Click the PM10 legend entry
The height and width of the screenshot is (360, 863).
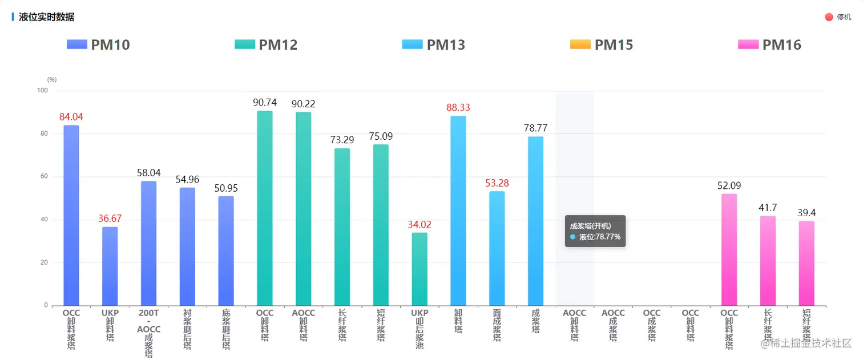tap(98, 45)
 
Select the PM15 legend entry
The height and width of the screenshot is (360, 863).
tap(602, 45)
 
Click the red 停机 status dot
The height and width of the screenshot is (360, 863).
tap(829, 17)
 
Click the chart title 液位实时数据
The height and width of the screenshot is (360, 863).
tap(46, 17)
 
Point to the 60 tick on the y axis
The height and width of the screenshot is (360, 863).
tap(45, 177)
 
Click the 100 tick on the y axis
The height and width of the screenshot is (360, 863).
tap(42, 91)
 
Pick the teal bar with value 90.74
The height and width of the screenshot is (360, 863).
tap(265, 208)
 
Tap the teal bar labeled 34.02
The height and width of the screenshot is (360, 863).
tap(420, 269)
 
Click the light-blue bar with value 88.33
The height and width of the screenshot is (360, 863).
tap(458, 211)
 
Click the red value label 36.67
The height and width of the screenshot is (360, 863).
tap(110, 219)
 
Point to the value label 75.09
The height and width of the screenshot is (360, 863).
tap(381, 136)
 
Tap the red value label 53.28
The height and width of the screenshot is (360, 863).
tap(497, 183)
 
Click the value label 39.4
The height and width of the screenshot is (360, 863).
tap(806, 213)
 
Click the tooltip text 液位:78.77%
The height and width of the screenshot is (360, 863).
tap(599, 237)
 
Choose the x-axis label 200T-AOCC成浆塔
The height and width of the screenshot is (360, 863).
tap(149, 334)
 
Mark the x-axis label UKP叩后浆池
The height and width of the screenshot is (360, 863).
tap(420, 329)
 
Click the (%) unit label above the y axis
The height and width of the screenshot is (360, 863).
tap(52, 80)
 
